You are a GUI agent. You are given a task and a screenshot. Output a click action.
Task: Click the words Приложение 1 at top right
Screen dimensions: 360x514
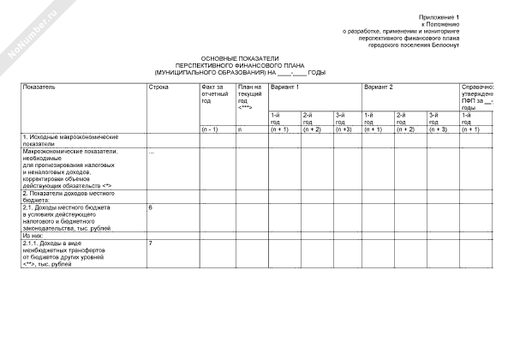(x=439, y=17)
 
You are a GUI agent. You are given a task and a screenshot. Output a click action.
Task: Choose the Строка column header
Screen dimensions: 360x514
(x=158, y=87)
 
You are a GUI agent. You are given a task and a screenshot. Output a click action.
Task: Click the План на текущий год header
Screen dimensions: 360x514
(x=248, y=97)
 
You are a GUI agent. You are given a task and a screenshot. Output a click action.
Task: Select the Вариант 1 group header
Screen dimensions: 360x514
(x=284, y=87)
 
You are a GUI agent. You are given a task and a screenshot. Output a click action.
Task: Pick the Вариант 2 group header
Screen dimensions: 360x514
(x=379, y=87)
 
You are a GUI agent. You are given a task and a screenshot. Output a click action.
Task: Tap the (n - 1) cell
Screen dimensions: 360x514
(x=210, y=129)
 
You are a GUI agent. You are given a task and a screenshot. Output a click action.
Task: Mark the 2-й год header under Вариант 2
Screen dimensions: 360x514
(x=404, y=118)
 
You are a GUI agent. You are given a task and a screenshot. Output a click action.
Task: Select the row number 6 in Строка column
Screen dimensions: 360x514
(x=151, y=208)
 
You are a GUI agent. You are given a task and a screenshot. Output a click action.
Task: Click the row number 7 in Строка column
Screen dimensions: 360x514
(x=151, y=243)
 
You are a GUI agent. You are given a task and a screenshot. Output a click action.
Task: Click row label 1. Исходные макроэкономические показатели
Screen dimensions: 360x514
(x=69, y=141)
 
